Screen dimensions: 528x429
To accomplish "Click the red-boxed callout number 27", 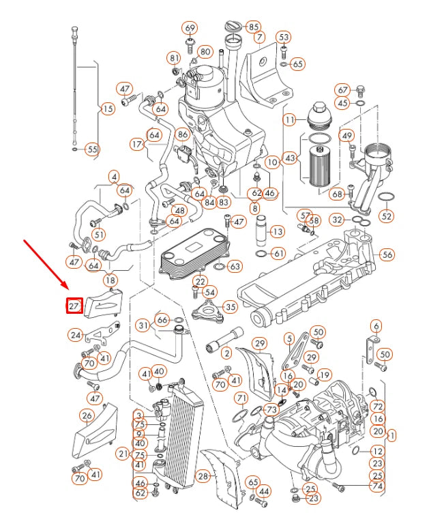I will pyautogui.click(x=74, y=306).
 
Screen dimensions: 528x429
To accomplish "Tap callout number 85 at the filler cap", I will pyautogui.click(x=253, y=27).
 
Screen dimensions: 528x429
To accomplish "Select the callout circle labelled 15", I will pyautogui.click(x=108, y=109).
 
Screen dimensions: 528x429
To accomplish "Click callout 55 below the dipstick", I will pyautogui.click(x=92, y=149).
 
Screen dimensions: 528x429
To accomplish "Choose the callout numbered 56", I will pyautogui.click(x=387, y=254).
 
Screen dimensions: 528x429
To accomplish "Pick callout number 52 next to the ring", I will pyautogui.click(x=387, y=216).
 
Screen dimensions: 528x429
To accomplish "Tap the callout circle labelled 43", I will pyautogui.click(x=291, y=158).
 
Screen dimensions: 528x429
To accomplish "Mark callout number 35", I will pyautogui.click(x=231, y=307).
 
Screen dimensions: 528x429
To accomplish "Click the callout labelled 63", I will pyautogui.click(x=234, y=266).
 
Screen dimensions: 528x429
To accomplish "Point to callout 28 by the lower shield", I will pyautogui.click(x=203, y=475).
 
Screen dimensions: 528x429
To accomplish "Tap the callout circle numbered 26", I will pyautogui.click(x=87, y=415).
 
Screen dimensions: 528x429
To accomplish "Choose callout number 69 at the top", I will pyautogui.click(x=189, y=29).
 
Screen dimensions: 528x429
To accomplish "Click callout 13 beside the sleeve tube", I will pyautogui.click(x=277, y=232).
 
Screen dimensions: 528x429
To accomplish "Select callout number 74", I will pyautogui.click(x=376, y=486).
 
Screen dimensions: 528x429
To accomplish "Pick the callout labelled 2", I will pyautogui.click(x=226, y=353).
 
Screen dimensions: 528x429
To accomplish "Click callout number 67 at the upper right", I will pyautogui.click(x=343, y=89).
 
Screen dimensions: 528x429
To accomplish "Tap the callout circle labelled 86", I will pyautogui.click(x=182, y=135).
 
